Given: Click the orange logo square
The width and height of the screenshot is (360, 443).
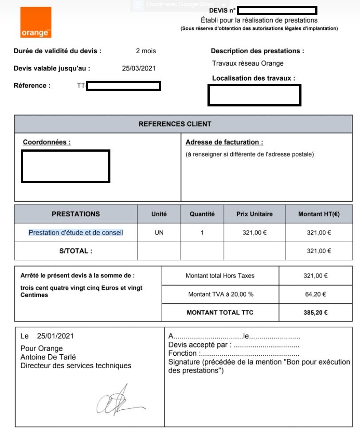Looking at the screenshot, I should click(35, 22).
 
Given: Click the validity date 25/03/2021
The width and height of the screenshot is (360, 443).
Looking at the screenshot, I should click(139, 68).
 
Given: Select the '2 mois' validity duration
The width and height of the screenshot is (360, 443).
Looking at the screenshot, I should click(146, 51).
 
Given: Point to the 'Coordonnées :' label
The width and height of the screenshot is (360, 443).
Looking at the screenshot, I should click(47, 142).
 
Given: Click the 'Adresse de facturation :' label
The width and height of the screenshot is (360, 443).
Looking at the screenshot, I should click(224, 142).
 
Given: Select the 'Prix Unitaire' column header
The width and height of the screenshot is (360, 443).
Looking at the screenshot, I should click(254, 214).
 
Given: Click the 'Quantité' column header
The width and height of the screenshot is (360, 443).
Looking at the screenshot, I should click(202, 214).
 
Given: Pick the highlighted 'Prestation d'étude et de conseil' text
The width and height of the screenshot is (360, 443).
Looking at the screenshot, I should click(76, 232).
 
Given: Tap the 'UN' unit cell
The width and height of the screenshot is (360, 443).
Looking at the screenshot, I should click(159, 232).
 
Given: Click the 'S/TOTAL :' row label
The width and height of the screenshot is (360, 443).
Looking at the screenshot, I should click(76, 251).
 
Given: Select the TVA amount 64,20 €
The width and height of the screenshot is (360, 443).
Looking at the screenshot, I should click(315, 294).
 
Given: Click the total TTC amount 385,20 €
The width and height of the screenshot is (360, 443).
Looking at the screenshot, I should click(315, 313).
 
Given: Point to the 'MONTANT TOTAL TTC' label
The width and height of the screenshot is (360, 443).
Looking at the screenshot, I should click(220, 313).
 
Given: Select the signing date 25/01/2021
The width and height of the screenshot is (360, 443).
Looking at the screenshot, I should click(55, 336).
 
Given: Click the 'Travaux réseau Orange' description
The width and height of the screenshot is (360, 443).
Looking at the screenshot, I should click(248, 63).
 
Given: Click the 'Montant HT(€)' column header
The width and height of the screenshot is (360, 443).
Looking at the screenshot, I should click(319, 214).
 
